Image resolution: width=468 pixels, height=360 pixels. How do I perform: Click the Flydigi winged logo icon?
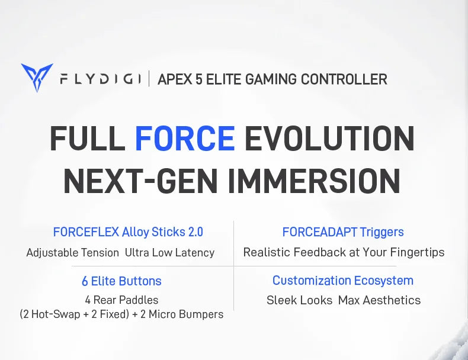click(x=37, y=78)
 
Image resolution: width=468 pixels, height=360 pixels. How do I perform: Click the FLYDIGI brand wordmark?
click(x=100, y=79)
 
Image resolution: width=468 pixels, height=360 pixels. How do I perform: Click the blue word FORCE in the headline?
click(x=185, y=139)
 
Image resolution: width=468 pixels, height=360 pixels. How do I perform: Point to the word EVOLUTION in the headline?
click(x=329, y=139)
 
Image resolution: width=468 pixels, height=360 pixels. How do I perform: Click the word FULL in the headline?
click(x=87, y=139)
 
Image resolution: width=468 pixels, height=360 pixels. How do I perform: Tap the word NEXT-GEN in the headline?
click(x=141, y=181)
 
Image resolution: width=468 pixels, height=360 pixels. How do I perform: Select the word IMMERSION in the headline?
click(x=315, y=181)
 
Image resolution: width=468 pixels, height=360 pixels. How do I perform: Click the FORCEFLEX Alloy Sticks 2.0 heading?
click(x=128, y=232)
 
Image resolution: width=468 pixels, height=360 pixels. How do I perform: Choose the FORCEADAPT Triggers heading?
click(x=343, y=232)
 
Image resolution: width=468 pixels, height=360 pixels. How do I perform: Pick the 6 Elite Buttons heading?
click(x=121, y=281)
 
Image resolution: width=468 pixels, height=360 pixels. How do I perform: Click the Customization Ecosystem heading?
click(x=343, y=281)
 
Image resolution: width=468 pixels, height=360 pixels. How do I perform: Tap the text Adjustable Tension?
click(x=73, y=253)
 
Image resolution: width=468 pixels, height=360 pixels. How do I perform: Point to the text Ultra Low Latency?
click(x=169, y=253)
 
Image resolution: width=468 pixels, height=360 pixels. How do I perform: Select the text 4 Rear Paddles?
click(x=121, y=300)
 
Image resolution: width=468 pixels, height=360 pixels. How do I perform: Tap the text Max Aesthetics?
click(x=379, y=300)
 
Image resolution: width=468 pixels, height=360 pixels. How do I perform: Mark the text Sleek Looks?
click(x=299, y=300)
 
